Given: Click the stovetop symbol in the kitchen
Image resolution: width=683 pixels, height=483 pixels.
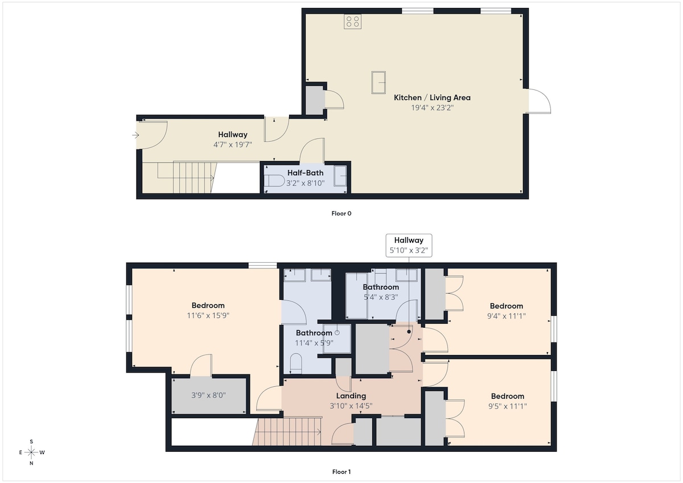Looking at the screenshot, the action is pos(352,22).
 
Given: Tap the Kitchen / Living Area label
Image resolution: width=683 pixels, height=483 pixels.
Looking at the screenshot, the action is pos(432,97).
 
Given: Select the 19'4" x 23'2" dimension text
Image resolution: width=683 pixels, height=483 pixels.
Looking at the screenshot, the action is pos(433,108).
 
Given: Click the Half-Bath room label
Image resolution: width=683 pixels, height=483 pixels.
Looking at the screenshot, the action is pos(305,173).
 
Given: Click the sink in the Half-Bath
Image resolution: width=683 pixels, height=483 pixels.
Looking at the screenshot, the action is pos(340,176).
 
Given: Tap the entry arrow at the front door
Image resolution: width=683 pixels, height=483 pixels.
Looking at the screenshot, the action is pos(135,135).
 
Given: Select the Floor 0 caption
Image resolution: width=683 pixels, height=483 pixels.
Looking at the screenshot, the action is pos(341,213).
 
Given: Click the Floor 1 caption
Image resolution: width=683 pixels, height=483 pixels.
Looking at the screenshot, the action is pos(341,472).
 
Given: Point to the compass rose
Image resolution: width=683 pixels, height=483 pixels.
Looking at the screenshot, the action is pos(31,452).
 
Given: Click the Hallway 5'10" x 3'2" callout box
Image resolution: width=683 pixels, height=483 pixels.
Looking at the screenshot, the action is pos(409,245).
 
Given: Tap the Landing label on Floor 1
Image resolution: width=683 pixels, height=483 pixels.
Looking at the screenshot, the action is pos(351,396).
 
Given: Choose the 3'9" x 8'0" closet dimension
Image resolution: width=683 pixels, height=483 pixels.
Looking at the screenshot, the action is pos(208,395).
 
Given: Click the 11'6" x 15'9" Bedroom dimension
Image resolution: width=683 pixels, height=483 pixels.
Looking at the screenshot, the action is pos(208,315).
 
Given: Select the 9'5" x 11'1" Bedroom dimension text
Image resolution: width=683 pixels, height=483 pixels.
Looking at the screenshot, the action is pos(507,406).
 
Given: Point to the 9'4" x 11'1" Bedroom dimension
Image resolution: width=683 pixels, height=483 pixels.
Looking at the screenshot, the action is pos(507,316).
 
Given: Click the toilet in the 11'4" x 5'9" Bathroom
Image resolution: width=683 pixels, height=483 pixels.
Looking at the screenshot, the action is pos(296,363).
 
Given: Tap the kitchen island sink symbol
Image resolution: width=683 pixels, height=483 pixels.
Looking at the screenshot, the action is pos(378,82).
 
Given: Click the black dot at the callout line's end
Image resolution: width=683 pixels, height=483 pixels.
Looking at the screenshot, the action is pos(409,332).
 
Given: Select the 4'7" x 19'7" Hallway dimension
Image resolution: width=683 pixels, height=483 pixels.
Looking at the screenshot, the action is pos(233,145).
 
